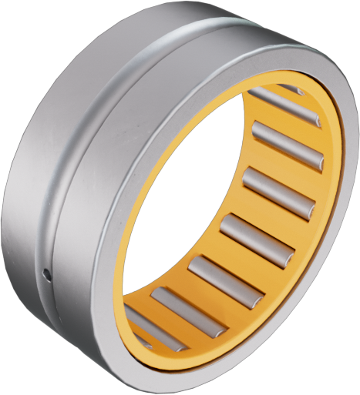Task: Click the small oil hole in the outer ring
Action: click(47, 273)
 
